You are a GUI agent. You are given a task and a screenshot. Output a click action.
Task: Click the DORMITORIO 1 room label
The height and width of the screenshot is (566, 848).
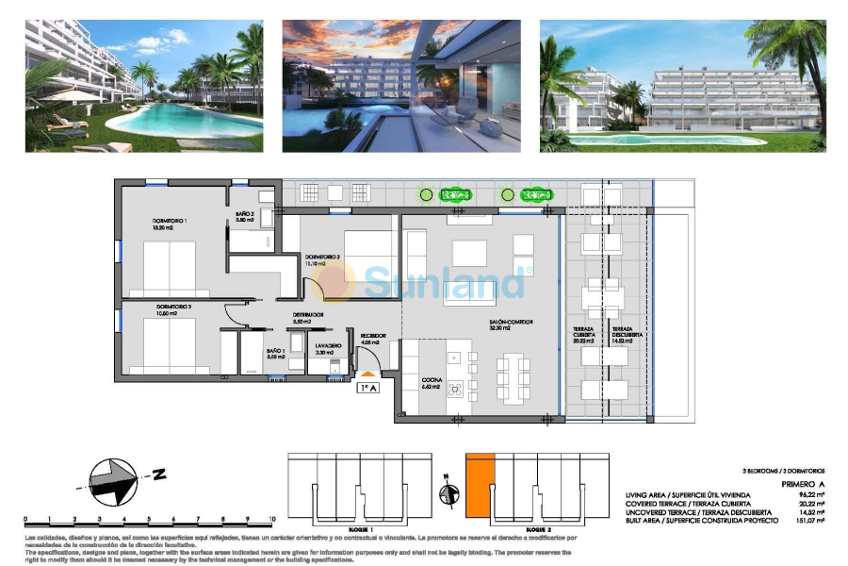click(171, 224)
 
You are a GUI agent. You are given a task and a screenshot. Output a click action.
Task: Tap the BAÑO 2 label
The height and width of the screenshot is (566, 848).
click(245, 216)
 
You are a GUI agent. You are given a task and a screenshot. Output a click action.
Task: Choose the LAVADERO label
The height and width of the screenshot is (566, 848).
click(328, 346)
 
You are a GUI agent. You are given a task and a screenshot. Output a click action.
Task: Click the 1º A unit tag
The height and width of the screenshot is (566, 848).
click(367, 387)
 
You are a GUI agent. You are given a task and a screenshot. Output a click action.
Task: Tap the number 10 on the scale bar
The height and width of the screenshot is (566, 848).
click(271, 519)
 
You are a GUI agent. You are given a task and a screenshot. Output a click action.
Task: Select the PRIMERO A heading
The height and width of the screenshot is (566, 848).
click(803, 485)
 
